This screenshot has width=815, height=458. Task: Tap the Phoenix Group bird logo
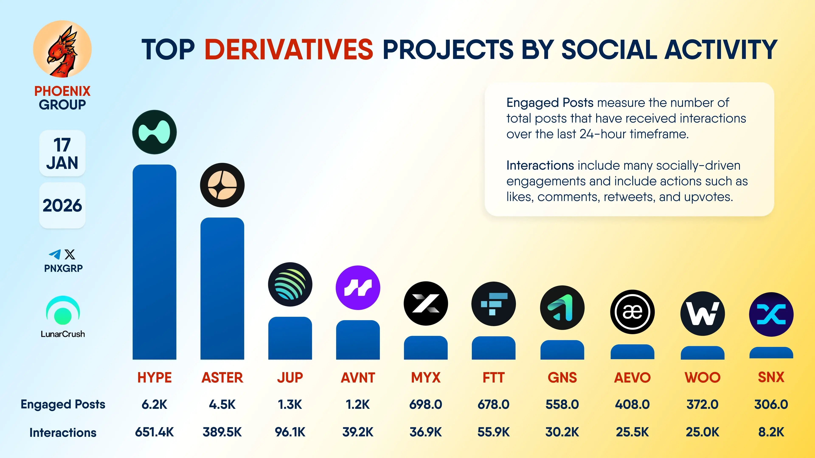62,49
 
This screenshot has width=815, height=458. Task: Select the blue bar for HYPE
154,262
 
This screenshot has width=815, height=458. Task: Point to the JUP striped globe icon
290,284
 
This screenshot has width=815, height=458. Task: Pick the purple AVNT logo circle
358,288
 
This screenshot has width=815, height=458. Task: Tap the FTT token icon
493,304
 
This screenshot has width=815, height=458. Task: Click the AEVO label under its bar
632,377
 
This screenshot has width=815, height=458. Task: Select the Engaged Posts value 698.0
426,404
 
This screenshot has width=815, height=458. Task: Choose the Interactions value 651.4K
154,432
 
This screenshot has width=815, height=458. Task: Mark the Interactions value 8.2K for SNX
771,432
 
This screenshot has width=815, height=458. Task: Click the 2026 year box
62,205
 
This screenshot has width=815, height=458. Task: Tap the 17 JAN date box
62,153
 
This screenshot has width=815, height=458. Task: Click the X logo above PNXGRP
70,254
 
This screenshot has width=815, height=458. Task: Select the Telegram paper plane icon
55,254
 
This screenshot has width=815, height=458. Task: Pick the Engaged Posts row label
63,404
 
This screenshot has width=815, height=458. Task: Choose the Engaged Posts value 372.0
702,404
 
